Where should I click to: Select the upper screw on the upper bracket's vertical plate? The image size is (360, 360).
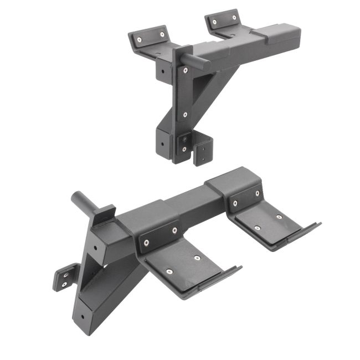[x=185, y=70]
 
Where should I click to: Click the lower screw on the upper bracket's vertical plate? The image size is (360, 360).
[x=184, y=115]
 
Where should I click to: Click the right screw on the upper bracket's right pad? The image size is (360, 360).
[x=235, y=18]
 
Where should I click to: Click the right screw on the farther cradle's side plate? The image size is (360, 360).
[x=257, y=193]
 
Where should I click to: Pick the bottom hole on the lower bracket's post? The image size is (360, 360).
[x=83, y=317]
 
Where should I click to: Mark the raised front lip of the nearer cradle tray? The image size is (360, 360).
[x=213, y=283]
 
